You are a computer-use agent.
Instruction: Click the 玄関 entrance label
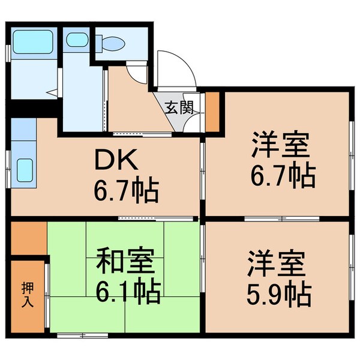click(x=178, y=108)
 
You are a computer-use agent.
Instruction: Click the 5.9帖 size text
click(x=280, y=294)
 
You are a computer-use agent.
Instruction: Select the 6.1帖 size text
click(x=127, y=292)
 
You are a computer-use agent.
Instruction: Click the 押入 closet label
click(x=27, y=294)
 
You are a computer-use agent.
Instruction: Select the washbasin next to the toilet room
click(x=76, y=40)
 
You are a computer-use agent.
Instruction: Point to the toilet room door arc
click(x=139, y=76)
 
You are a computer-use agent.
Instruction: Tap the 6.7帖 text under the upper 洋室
click(x=282, y=175)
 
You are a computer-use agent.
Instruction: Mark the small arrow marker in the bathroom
click(x=53, y=93)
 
